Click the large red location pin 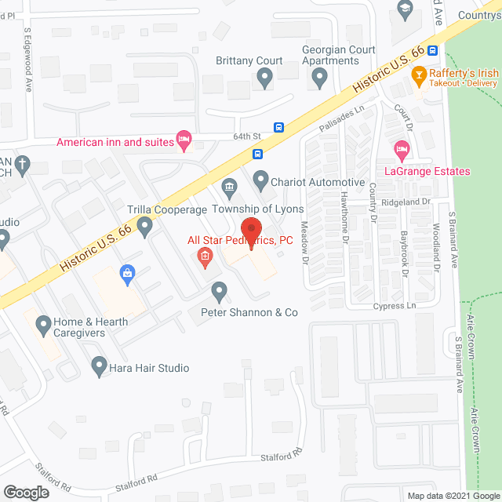coord(250,230)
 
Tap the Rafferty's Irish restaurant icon coord(419,77)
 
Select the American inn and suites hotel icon coord(184,141)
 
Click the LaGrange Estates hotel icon coord(402,149)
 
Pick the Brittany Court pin coord(264,77)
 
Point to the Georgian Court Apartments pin coord(319,77)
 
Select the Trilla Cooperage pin coord(144,227)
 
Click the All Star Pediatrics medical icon coord(205,256)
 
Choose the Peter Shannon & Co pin coord(220,293)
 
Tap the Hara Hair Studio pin coord(99,365)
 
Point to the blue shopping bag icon coord(126,273)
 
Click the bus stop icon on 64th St coord(278,128)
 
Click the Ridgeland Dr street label coord(408,202)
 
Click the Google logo coord(26,493)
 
